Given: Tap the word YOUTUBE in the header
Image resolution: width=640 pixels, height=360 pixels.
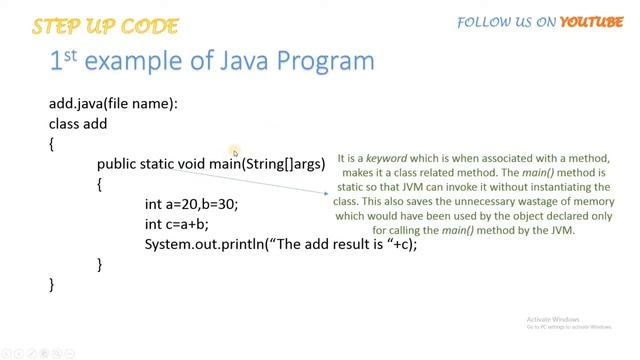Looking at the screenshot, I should pos(591,21).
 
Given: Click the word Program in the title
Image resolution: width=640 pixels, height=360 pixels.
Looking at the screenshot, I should pos(323,61).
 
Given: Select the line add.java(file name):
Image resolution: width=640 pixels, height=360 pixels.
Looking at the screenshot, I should pos(113,104).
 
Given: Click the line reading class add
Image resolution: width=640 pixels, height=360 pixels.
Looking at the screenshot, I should pos(77,124).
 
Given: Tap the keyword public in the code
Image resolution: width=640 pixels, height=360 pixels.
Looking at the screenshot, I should pos(117,164).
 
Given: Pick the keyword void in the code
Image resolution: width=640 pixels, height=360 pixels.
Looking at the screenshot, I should pos(191,164).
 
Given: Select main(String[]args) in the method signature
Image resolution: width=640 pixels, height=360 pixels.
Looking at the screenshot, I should pos(267,164).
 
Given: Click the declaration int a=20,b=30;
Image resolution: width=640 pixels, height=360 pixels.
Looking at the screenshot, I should pos(191,204).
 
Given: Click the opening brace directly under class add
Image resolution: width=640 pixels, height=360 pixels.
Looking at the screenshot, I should pos(52,144).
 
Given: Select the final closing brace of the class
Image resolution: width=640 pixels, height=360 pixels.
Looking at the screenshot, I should pos(52,284).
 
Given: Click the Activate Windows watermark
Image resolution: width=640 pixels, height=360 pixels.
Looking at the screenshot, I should pos(553,318).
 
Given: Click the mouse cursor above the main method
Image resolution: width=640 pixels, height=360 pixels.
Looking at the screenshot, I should pos(236,153).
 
